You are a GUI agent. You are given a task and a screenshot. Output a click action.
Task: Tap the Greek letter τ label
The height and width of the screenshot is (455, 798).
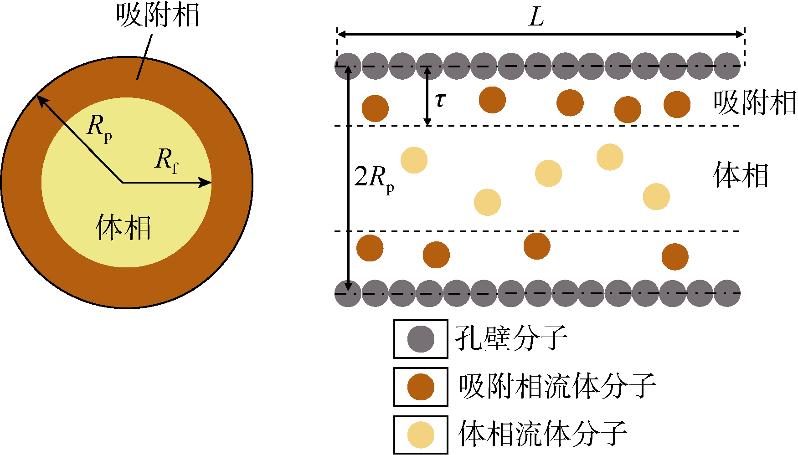tap(440, 100)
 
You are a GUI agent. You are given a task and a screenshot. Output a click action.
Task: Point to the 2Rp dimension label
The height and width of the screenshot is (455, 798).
tap(374, 179)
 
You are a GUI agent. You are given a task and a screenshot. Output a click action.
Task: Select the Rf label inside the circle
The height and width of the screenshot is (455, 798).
tap(167, 161)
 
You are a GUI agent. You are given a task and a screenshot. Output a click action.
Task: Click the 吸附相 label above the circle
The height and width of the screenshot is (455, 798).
tap(158, 15)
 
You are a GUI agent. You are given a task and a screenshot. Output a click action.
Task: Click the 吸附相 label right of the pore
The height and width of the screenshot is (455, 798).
tap(755, 102)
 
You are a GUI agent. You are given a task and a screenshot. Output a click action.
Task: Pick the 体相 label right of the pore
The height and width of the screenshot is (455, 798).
tap(741, 175)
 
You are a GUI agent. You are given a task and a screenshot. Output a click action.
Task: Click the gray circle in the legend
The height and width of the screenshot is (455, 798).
tap(421, 339)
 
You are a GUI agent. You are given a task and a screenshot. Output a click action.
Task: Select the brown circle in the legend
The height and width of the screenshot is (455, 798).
tap(421, 387)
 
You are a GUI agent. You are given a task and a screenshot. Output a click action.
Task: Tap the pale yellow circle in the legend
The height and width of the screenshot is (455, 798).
tap(421, 435)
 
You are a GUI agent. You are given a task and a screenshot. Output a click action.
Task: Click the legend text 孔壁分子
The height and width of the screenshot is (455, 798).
tap(511, 338)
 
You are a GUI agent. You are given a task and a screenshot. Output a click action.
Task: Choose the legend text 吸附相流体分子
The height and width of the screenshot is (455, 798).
tap(557, 386)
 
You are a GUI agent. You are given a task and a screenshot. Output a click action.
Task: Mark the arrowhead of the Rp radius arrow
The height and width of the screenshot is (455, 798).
tap(41, 100)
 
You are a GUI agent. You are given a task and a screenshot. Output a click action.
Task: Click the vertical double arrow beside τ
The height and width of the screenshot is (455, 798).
tap(427, 96)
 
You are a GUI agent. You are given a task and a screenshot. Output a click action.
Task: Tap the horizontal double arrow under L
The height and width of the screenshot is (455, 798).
tap(541, 34)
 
